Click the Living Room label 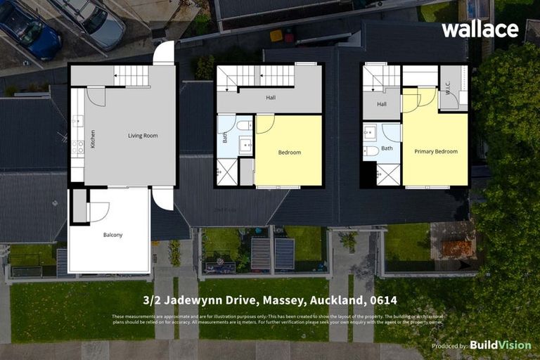pyautogui.click(x=143, y=136)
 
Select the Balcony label pyautogui.click(x=112, y=235)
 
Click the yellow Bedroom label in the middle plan pyautogui.click(x=289, y=153)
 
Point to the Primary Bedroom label pyautogui.click(x=435, y=151)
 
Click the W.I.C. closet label pyautogui.click(x=448, y=88)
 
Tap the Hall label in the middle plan pyautogui.click(x=271, y=98)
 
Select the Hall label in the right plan pyautogui.click(x=381, y=104)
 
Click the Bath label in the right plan pyautogui.click(x=387, y=148)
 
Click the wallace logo pyautogui.click(x=480, y=30)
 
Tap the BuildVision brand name pyautogui.click(x=500, y=345)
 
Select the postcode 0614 pyautogui.click(x=381, y=301)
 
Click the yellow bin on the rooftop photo pyautogui.click(x=276, y=35)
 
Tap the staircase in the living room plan pyautogui.click(x=131, y=75)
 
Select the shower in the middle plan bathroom pyautogui.click(x=226, y=172)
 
